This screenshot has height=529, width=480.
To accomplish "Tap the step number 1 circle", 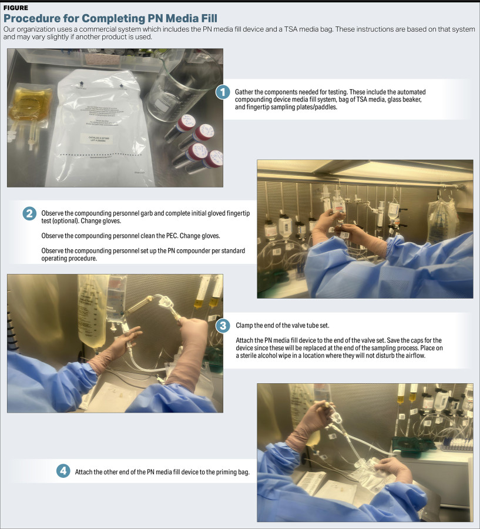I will (x=223, y=92).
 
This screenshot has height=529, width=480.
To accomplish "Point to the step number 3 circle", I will (x=223, y=326).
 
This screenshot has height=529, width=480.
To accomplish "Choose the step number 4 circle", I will (x=63, y=471).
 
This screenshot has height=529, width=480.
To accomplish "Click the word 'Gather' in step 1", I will (x=245, y=93).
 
